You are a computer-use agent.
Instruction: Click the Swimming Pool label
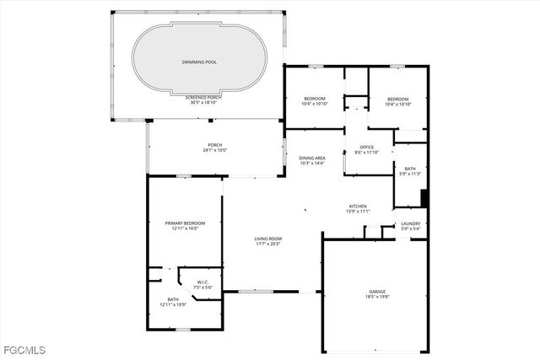click(x=199, y=62)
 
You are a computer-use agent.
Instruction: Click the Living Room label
click(x=268, y=239)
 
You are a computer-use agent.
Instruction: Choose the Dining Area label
click(x=312, y=158)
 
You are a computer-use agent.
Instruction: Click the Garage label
click(x=376, y=291)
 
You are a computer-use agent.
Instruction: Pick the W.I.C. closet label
click(x=202, y=282)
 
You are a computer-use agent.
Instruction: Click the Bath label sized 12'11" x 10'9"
click(x=172, y=304)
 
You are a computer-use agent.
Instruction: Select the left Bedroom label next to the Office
click(x=315, y=99)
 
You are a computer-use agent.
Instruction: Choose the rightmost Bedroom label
click(x=397, y=99)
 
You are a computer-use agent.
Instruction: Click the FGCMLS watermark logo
click(x=24, y=349)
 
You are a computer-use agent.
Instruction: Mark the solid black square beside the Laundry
click(x=425, y=199)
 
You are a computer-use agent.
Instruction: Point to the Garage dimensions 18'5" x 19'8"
click(x=376, y=296)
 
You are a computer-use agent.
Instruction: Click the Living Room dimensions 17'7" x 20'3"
click(x=268, y=244)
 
